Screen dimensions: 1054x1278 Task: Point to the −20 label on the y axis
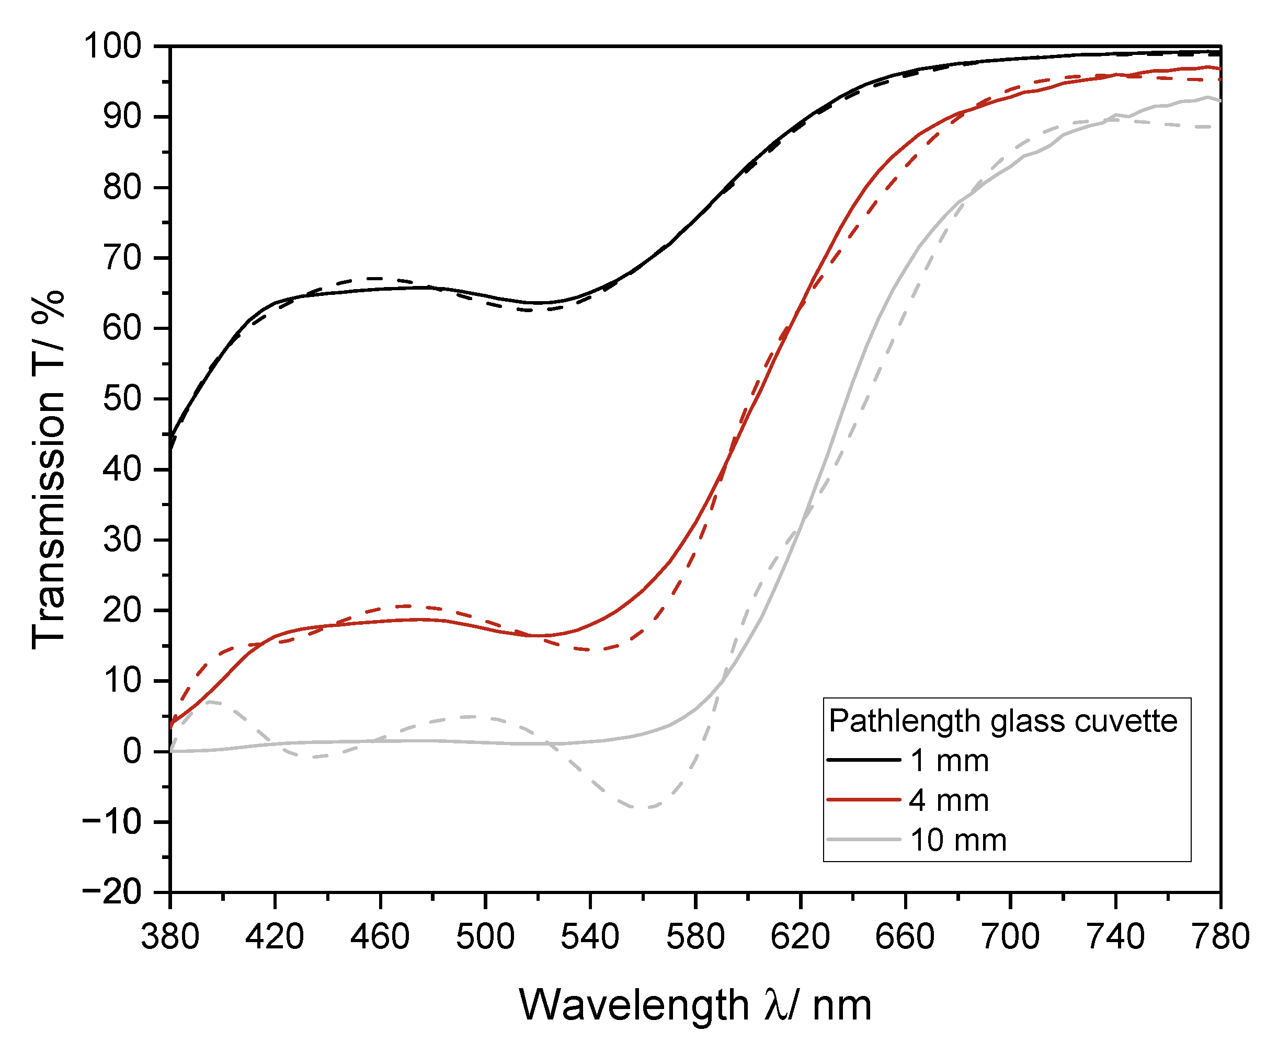click(x=112, y=892)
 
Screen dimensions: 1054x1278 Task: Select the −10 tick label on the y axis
click(x=112, y=822)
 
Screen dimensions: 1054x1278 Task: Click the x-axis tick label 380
click(x=170, y=936)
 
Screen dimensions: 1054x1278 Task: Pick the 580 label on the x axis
click(x=695, y=936)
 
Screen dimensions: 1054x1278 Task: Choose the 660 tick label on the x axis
click(x=905, y=936)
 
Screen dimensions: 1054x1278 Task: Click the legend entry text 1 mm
click(x=950, y=761)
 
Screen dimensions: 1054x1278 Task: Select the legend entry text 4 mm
click(x=950, y=800)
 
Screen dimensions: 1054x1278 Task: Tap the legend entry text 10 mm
click(x=958, y=840)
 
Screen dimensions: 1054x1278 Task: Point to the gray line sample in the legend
click(x=864, y=840)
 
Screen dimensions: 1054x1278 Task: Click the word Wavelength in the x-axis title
click(x=634, y=1005)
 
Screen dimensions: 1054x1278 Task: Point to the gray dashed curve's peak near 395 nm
click(x=210, y=702)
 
